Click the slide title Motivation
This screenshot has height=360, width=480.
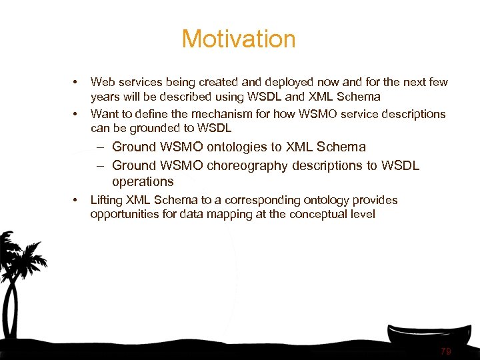click(x=238, y=39)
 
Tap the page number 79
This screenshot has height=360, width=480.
click(x=446, y=351)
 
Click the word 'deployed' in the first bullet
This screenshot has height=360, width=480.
click(x=263, y=83)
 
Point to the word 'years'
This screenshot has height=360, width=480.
click(x=105, y=97)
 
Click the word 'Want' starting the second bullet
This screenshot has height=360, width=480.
click(x=104, y=114)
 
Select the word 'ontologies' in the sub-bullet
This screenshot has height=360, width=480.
click(x=235, y=147)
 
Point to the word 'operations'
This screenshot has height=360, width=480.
click(x=143, y=182)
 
